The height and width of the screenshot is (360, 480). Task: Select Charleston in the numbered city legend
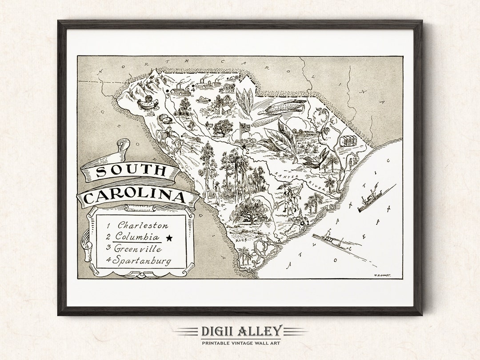tap(142, 226)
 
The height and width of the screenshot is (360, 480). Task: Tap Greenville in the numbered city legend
tap(137, 249)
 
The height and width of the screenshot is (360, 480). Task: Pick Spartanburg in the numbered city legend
tap(141, 261)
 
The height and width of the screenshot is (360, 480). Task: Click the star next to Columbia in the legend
tap(169, 238)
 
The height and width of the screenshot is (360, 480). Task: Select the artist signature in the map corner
tap(382, 275)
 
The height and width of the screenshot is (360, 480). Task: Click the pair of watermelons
tap(165, 120)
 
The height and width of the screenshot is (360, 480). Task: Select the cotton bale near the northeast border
tap(348, 141)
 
